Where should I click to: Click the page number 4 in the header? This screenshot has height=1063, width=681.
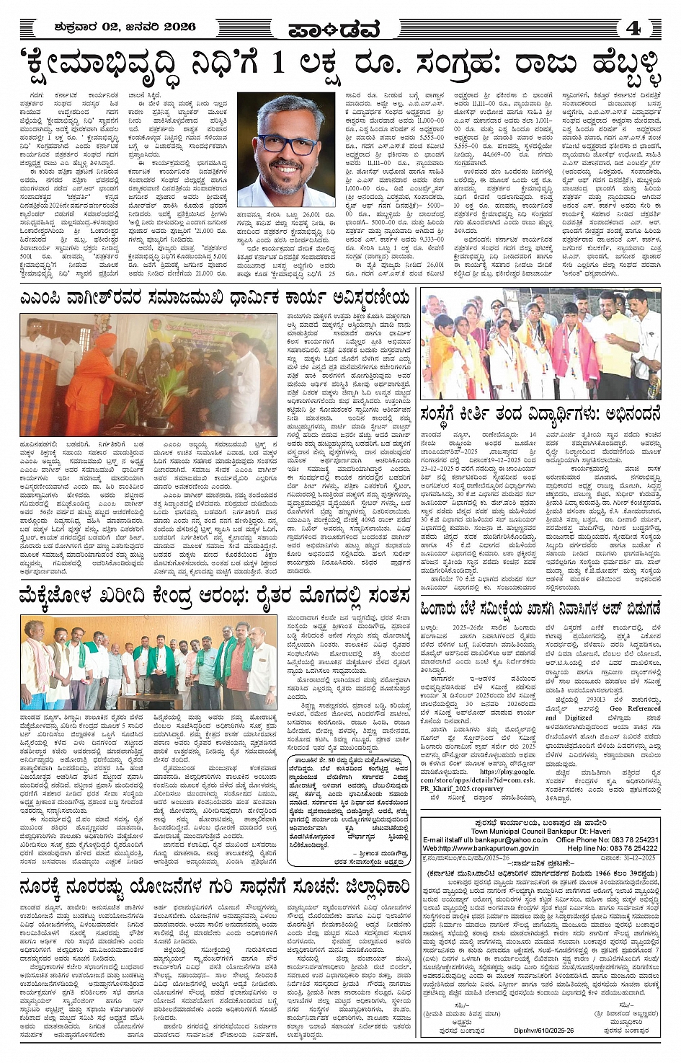click(634, 28)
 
